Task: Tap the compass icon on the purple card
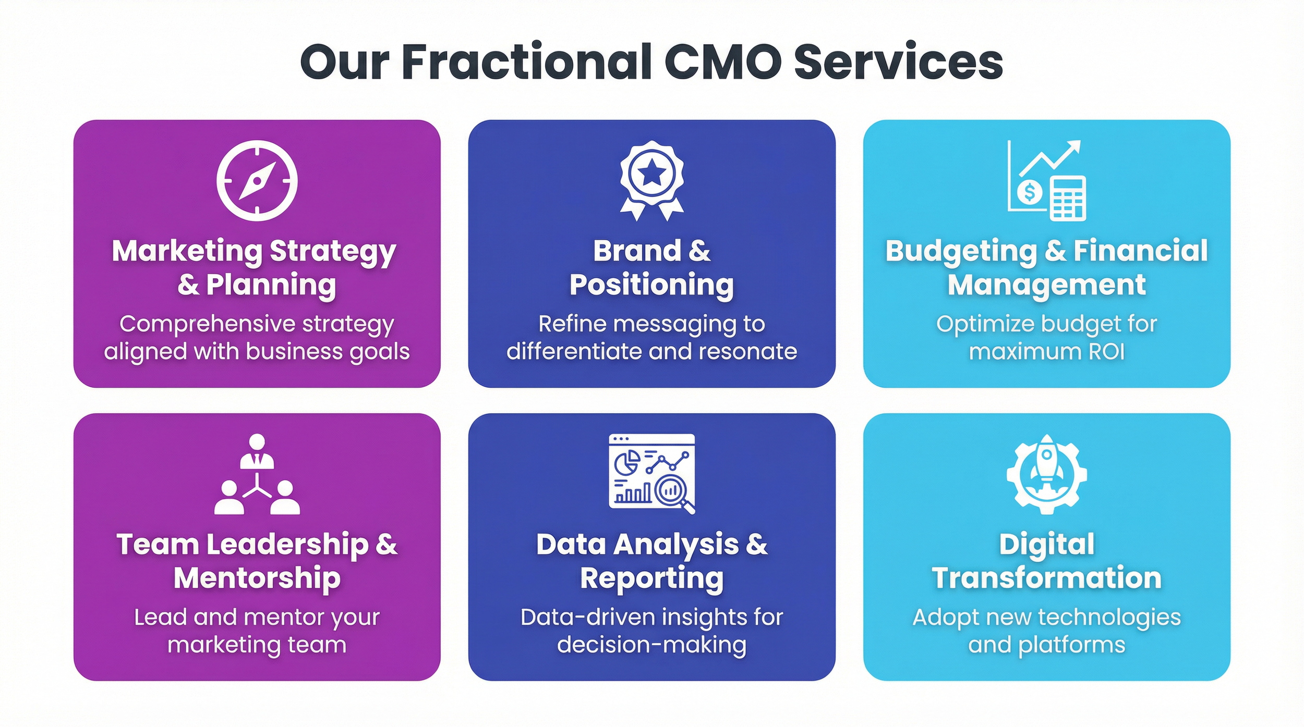[257, 180]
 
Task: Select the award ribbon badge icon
[651, 180]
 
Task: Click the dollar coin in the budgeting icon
[1030, 192]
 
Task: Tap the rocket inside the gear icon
[1046, 464]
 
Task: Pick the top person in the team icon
[257, 451]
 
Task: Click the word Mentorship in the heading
[257, 578]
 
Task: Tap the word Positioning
[651, 285]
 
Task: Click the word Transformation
[1046, 578]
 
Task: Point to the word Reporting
[651, 578]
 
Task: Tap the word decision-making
[651, 645]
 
